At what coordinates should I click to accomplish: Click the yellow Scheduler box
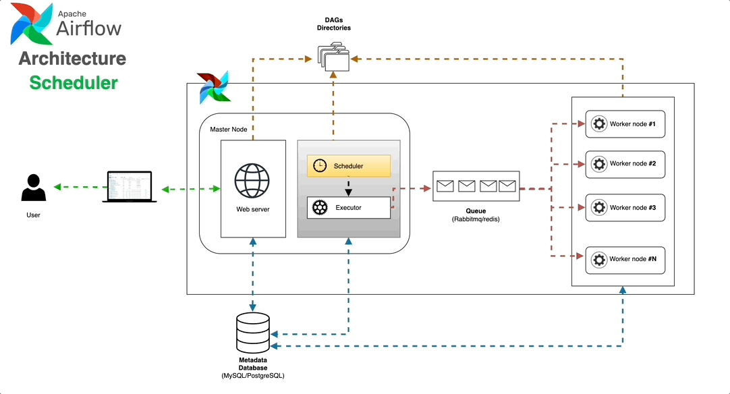pyautogui.click(x=349, y=166)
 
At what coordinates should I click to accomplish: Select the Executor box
pyautogui.click(x=349, y=208)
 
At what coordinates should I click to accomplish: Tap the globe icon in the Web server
pyautogui.click(x=252, y=179)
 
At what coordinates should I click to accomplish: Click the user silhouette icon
pyautogui.click(x=33, y=188)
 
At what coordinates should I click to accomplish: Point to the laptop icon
pyautogui.click(x=130, y=187)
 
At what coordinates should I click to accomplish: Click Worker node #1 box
pyautogui.click(x=625, y=125)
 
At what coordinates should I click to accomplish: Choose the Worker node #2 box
pyautogui.click(x=625, y=164)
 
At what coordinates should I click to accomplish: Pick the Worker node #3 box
pyautogui.click(x=625, y=208)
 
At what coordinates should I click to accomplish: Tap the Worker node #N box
pyautogui.click(x=625, y=260)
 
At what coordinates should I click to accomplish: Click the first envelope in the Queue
pyautogui.click(x=445, y=186)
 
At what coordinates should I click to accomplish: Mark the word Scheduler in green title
pyautogui.click(x=74, y=83)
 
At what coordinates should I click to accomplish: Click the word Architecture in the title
pyautogui.click(x=72, y=58)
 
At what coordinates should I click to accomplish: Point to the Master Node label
pyautogui.click(x=229, y=129)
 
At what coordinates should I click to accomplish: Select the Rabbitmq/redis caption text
pyautogui.click(x=476, y=220)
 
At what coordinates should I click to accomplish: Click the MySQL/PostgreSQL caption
pyautogui.click(x=253, y=375)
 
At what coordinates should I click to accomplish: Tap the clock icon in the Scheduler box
pyautogui.click(x=320, y=166)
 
